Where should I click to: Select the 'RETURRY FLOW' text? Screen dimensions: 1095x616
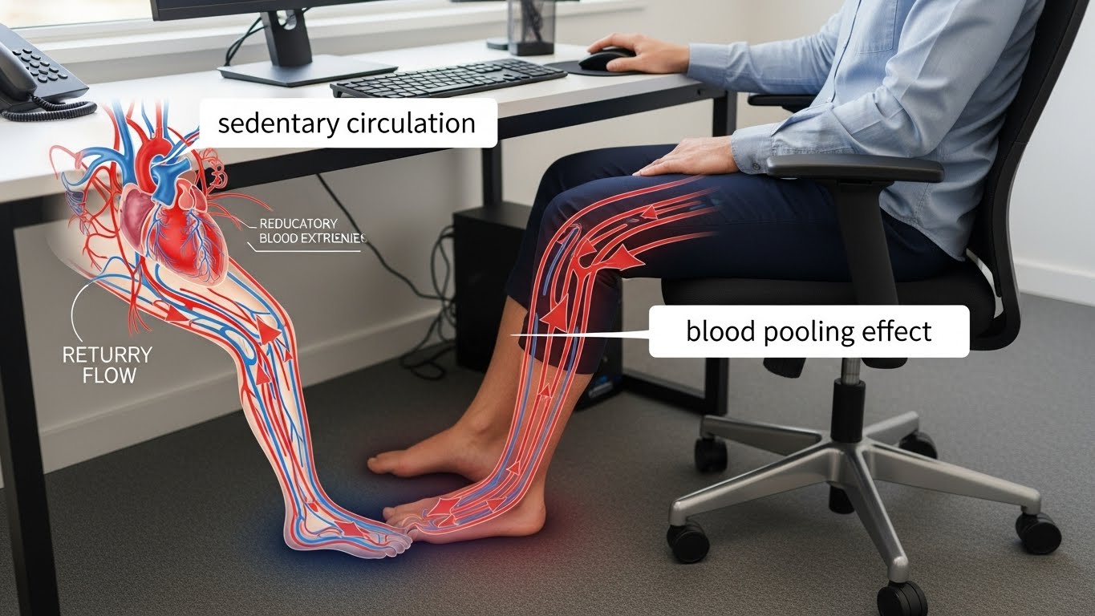click(x=107, y=364)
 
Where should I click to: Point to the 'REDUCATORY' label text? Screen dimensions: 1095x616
click(x=298, y=223)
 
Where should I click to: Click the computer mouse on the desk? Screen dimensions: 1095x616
click(x=606, y=60)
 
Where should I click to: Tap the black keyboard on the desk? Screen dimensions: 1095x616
click(x=448, y=79)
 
